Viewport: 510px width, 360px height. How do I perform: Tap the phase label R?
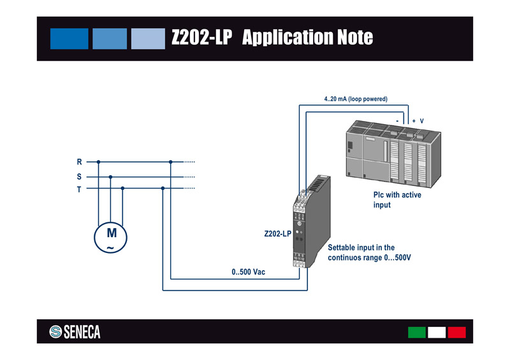pyautogui.click(x=79, y=162)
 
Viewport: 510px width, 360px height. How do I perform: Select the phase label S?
pyautogui.click(x=79, y=176)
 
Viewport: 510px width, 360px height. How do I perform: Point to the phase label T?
pyautogui.click(x=79, y=189)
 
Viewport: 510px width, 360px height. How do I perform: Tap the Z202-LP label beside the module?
pyautogui.click(x=277, y=234)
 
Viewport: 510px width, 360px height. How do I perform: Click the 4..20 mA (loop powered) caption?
pyautogui.click(x=356, y=99)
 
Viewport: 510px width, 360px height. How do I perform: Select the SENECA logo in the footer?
pyautogui.click(x=75, y=332)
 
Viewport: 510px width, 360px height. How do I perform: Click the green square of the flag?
pyautogui.click(x=416, y=332)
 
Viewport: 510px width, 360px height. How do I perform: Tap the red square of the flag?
pyautogui.click(x=456, y=332)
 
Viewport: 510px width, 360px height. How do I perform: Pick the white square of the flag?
pyautogui.click(x=437, y=332)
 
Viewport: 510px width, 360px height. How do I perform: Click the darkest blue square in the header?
pyautogui.click(x=69, y=38)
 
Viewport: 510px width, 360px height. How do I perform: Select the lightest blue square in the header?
pyautogui.click(x=148, y=38)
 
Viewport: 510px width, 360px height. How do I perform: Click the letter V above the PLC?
pyautogui.click(x=422, y=120)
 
